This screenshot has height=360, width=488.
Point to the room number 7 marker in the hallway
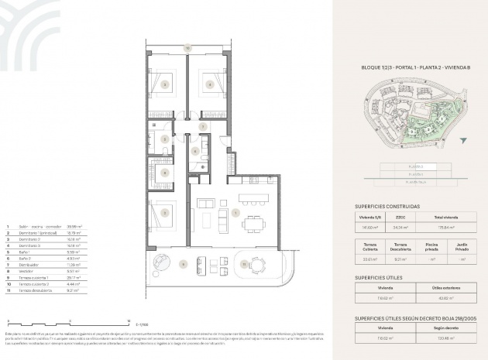203,125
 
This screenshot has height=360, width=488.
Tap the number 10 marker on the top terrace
187,49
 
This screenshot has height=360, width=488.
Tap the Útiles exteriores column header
444,286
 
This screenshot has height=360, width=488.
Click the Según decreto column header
444,327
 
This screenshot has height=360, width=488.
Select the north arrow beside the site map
463,141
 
